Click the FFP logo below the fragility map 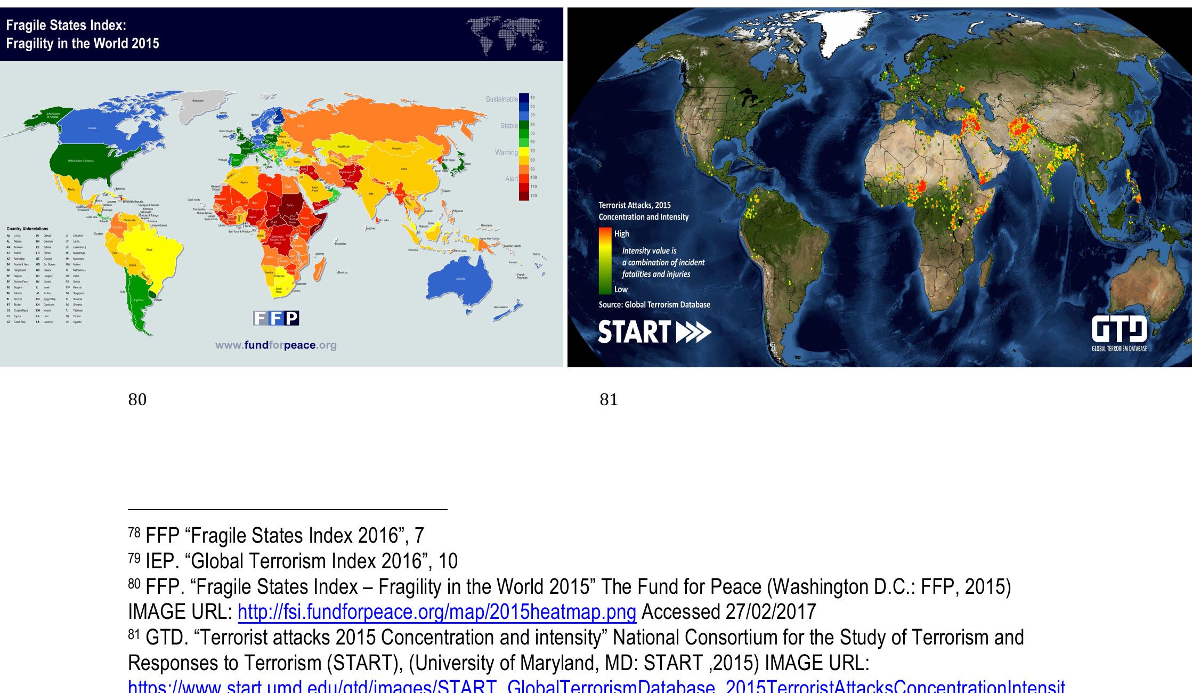(276, 318)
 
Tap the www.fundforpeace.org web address (276, 345)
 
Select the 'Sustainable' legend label (501, 99)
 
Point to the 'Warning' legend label (506, 152)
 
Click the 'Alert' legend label (511, 179)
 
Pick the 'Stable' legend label (509, 126)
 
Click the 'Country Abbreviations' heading (27, 229)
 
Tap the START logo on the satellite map (654, 332)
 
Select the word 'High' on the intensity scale (621, 233)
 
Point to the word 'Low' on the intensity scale (621, 289)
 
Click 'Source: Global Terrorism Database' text (654, 304)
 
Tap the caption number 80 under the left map (137, 399)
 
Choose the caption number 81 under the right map (609, 399)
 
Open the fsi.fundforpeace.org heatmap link (436, 612)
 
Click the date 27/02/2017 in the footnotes (771, 612)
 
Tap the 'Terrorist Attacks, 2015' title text (635, 205)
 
